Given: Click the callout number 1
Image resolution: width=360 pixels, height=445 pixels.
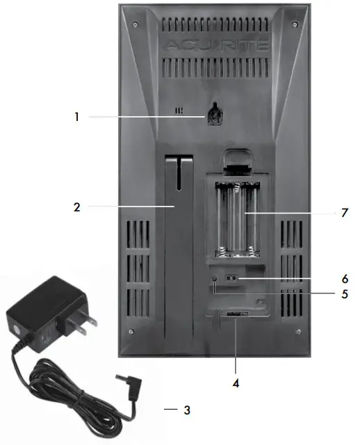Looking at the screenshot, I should click(x=76, y=118).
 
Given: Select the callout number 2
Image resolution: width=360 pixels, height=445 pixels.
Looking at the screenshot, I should click(x=76, y=207).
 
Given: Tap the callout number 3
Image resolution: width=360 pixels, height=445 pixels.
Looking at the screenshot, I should click(x=186, y=410).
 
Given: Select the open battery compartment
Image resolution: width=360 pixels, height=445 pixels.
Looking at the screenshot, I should click(x=236, y=217).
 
